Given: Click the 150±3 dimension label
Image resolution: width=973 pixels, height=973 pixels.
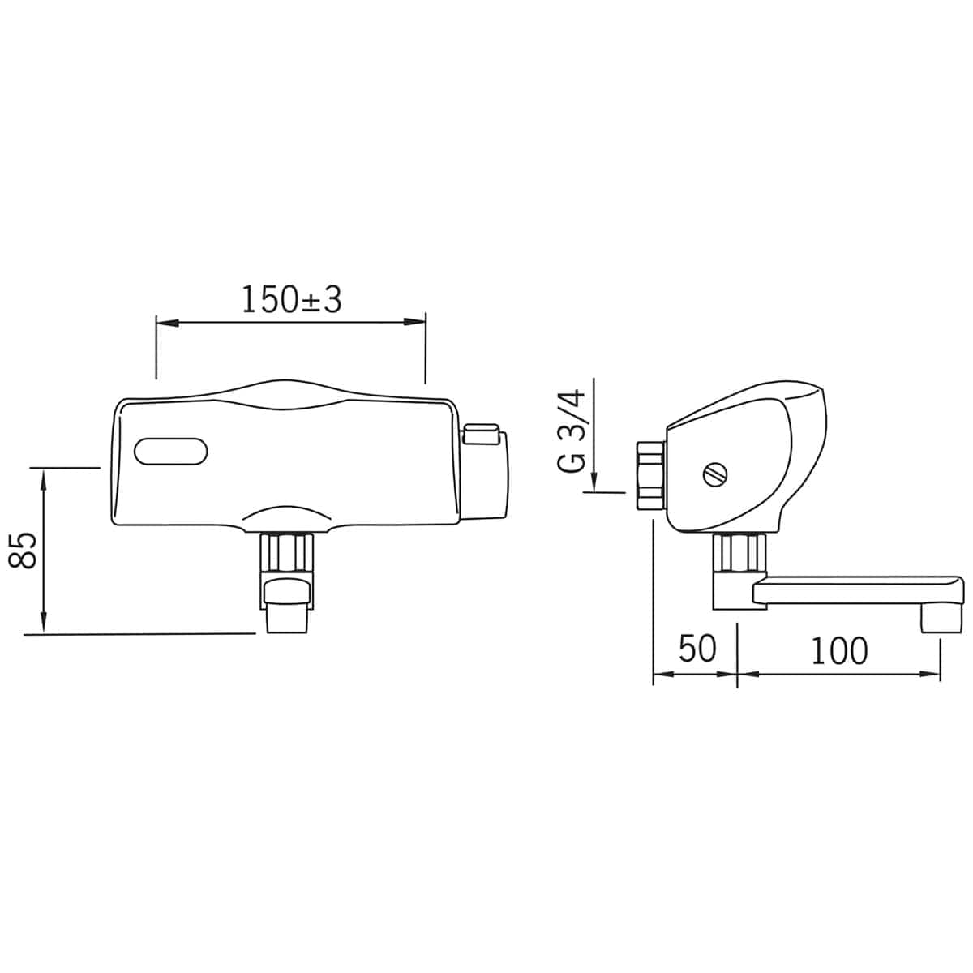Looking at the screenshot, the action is (x=292, y=299).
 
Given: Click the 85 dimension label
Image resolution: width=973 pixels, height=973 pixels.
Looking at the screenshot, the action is (x=24, y=551).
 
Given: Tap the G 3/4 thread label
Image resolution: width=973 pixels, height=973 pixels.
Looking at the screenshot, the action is (x=571, y=431).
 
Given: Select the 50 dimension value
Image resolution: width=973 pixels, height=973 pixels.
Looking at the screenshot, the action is (x=697, y=649).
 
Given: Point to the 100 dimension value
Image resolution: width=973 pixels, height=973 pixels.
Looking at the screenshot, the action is (x=840, y=651).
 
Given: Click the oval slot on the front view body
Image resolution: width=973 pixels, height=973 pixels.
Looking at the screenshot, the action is (x=170, y=452).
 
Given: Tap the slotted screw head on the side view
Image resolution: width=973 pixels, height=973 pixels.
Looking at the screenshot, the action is (x=715, y=474).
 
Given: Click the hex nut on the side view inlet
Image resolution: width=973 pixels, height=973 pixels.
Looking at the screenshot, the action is (x=650, y=476).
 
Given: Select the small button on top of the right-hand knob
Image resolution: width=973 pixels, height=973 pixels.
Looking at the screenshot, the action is (x=482, y=434).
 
